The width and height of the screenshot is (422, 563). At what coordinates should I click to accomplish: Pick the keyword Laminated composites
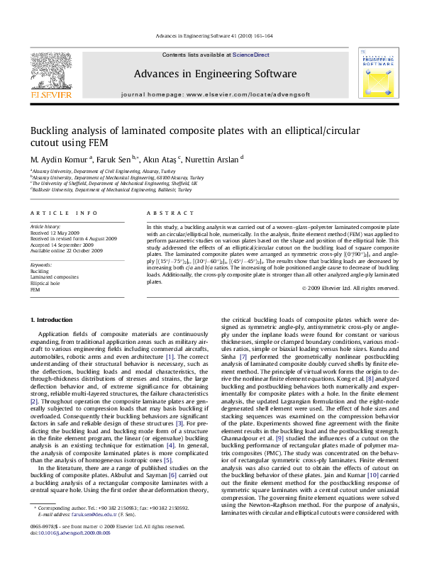point(55,277)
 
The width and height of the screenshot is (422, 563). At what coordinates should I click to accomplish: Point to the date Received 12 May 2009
point(55,233)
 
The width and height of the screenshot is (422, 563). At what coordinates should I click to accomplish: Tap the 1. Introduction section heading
point(54,320)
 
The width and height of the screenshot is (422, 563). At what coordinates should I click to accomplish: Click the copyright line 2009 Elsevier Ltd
point(350,288)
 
